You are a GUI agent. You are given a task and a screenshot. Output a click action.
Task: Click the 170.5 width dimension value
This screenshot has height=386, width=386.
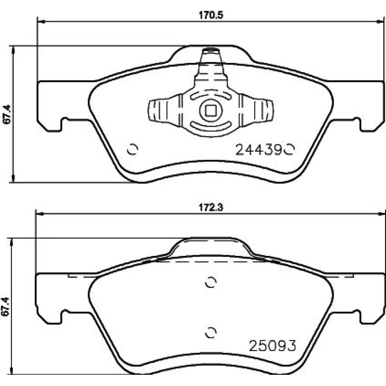(211, 15)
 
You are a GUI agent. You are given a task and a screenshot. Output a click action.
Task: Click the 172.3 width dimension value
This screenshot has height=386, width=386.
(211, 208)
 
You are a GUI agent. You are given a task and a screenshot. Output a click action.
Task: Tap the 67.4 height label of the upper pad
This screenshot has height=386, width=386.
(7, 114)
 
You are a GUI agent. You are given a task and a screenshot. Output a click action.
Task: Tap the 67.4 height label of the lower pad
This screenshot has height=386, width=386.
(5, 306)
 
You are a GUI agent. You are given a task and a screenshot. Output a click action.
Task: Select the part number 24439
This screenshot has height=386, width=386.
(259, 149)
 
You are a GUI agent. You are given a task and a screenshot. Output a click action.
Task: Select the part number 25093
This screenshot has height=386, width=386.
(273, 345)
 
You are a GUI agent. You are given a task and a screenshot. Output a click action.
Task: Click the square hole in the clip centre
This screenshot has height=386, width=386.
(211, 110)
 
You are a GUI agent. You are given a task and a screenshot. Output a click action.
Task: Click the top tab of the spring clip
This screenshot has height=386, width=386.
(211, 64)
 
